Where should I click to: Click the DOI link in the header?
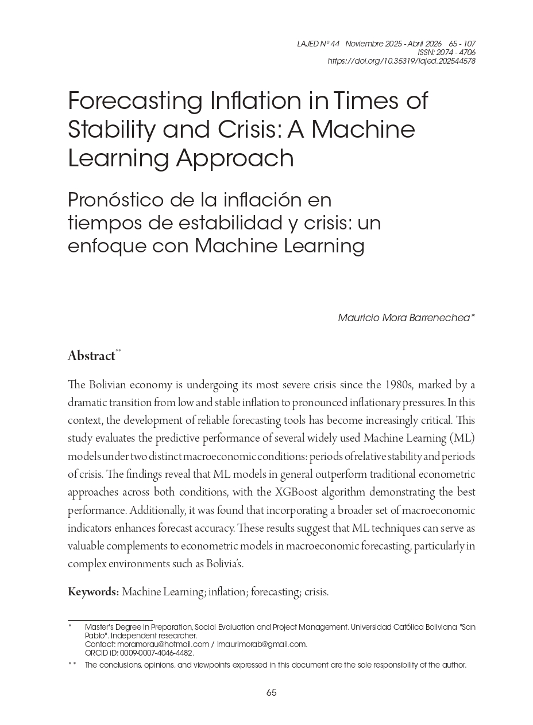tap(401, 61)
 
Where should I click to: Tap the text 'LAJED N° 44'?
tap(318, 44)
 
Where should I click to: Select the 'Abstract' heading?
tap(91, 356)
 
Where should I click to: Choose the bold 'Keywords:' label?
tap(93, 592)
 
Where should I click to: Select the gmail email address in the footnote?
tap(262, 644)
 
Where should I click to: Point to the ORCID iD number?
tap(156, 653)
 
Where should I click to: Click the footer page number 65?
tap(272, 692)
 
